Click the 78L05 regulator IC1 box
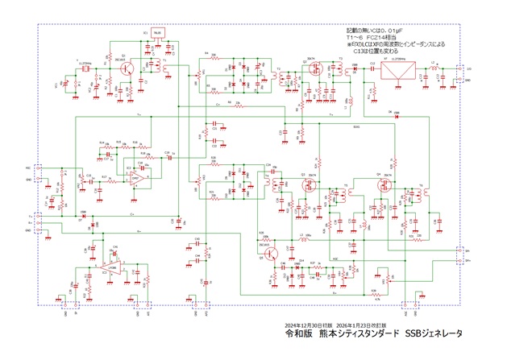pyautogui.click(x=157, y=34)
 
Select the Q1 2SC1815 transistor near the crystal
pyautogui.click(x=127, y=69)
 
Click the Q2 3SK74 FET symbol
pyautogui.click(x=310, y=71)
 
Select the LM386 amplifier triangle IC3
pyautogui.click(x=114, y=266)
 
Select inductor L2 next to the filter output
pyautogui.click(x=434, y=69)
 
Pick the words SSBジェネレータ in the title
pyautogui.click(x=434, y=333)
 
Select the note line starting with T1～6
pyautogui.click(x=371, y=37)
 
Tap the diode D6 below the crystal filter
pyautogui.click(x=396, y=115)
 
